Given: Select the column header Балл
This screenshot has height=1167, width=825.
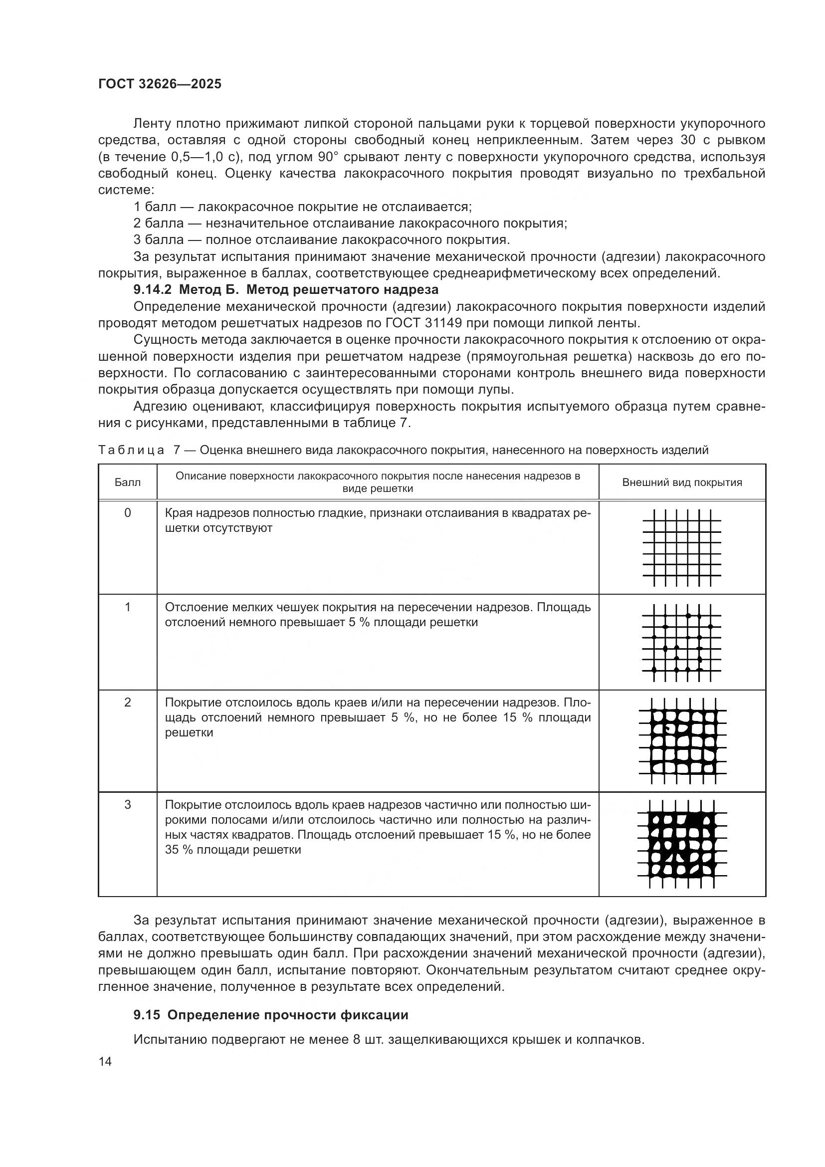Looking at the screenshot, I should [128, 482].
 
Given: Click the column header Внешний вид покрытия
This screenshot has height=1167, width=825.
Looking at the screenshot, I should [682, 482].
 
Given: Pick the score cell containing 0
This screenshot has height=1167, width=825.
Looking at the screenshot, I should [128, 513].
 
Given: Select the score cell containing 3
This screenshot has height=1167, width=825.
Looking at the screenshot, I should [128, 805].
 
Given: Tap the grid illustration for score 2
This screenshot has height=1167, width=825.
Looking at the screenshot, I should [682, 741].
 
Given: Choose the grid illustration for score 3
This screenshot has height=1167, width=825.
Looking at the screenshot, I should [682, 844].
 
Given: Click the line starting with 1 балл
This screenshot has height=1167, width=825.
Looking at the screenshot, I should [302, 207].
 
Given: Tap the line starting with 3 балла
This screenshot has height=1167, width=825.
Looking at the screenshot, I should [321, 239].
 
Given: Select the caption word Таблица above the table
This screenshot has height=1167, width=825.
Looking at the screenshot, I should [131, 450].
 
